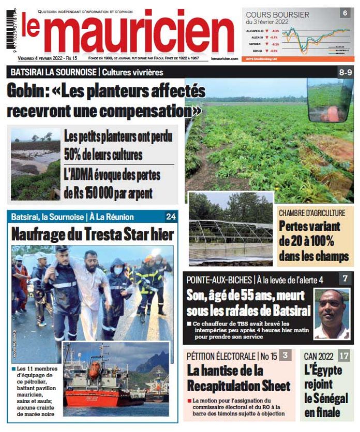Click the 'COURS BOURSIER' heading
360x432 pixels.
coord(277,15)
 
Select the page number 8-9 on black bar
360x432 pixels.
coord(345,72)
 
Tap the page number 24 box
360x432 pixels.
coord(171,217)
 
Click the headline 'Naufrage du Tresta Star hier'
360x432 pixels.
coord(93,234)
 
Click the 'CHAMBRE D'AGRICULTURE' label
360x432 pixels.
coord(312,213)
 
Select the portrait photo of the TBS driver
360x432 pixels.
coord(331,314)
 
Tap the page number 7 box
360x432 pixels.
coord(344,279)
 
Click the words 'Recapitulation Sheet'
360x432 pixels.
coord(238,385)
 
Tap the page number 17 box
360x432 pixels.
coord(344,356)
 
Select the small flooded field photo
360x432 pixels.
coord(35,164)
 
